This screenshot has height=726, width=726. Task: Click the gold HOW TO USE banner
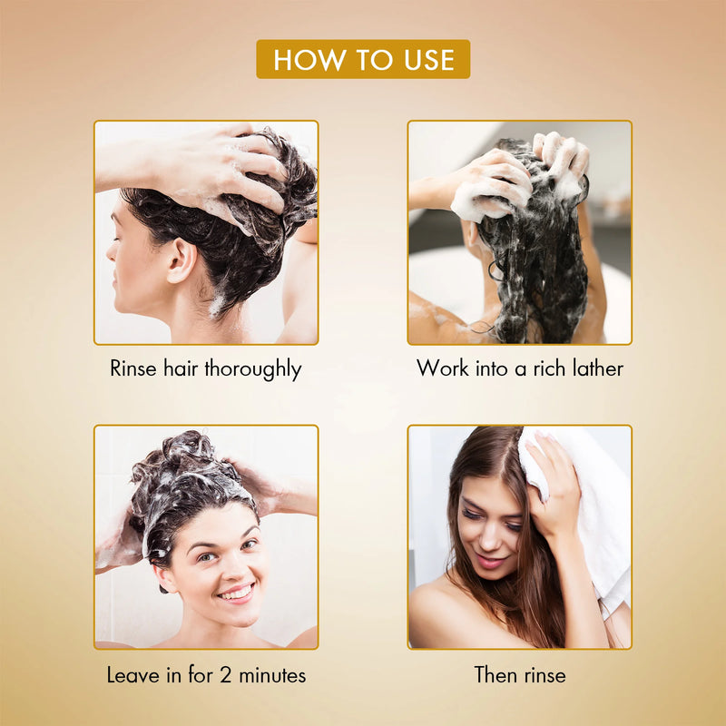(363, 59)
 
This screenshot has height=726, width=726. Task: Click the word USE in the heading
(429, 60)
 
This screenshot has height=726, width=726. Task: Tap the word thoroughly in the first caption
(253, 369)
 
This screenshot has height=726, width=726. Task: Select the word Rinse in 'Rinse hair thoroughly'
(132, 368)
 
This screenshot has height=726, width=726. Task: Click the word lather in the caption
(598, 368)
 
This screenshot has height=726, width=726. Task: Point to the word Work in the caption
(442, 368)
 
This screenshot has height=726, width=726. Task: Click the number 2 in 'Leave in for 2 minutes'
(225, 675)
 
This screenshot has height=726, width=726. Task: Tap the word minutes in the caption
(272, 675)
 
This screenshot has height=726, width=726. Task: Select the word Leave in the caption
(132, 675)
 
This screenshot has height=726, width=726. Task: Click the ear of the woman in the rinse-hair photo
(181, 260)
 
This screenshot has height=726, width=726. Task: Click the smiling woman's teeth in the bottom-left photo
(237, 593)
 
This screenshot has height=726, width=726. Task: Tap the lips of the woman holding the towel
(489, 562)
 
